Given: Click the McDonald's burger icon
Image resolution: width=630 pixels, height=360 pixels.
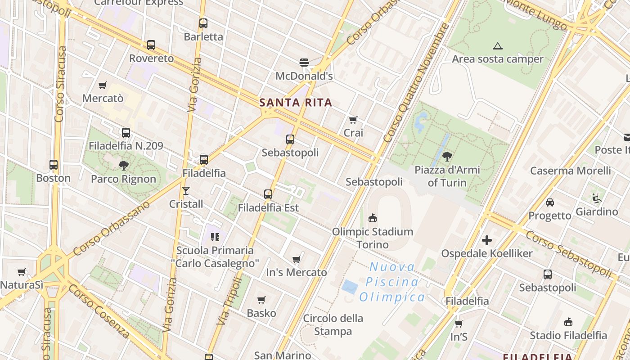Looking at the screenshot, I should pyautogui.click(x=304, y=62).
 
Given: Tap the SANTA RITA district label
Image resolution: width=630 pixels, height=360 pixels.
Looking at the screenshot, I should pyautogui.click(x=296, y=103).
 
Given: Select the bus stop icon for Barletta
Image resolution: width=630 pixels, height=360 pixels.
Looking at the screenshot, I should pyautogui.click(x=203, y=23).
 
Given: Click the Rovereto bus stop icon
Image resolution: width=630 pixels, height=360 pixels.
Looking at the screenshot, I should pyautogui.click(x=151, y=45).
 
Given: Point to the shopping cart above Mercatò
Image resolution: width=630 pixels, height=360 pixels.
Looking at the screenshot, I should pyautogui.click(x=103, y=85).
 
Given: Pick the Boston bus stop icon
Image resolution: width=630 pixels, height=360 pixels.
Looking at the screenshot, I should pyautogui.click(x=54, y=165).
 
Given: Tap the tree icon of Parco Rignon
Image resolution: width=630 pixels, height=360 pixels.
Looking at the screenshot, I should pyautogui.click(x=123, y=165).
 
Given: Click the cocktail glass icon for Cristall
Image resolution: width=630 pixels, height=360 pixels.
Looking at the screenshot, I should pyautogui.click(x=186, y=190).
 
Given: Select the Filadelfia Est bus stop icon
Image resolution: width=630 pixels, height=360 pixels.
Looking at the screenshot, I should pyautogui.click(x=268, y=194).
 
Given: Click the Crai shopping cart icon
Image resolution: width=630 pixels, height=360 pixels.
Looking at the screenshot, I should pyautogui.click(x=353, y=120).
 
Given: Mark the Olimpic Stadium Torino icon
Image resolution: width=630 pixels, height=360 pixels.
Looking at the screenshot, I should pyautogui.click(x=373, y=218).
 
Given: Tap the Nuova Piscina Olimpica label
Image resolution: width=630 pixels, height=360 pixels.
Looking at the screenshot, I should pyautogui.click(x=392, y=282).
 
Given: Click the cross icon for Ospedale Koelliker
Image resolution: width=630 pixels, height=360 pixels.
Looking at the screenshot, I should pyautogui.click(x=486, y=240).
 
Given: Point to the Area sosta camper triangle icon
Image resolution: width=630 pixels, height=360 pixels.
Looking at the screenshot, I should pyautogui.click(x=497, y=45).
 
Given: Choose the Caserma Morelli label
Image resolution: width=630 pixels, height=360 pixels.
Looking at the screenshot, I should pyautogui.click(x=571, y=171).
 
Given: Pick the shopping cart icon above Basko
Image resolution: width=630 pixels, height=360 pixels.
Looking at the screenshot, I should pyautogui.click(x=261, y=300).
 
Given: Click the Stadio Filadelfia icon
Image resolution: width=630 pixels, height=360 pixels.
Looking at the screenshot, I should pyautogui.click(x=568, y=322).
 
